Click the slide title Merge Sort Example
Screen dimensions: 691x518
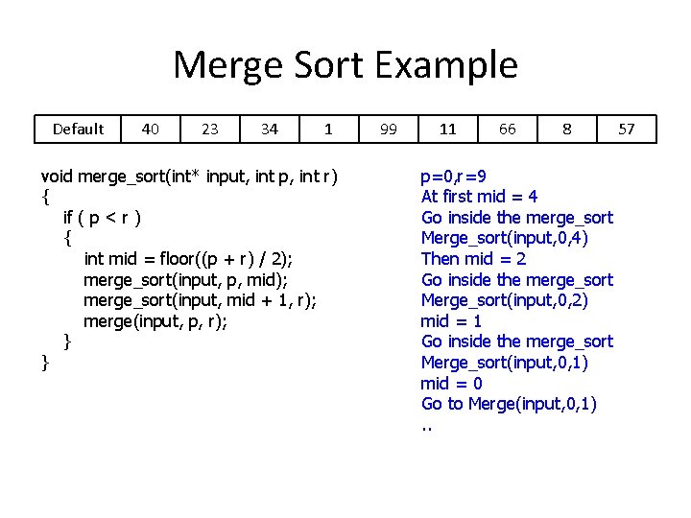(x=345, y=65)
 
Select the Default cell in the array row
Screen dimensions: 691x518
(x=79, y=129)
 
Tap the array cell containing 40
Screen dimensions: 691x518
(x=151, y=129)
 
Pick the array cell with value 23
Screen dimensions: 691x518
(x=210, y=129)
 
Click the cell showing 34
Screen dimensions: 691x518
(x=270, y=129)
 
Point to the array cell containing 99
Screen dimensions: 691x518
(x=389, y=129)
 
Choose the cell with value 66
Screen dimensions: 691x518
(x=508, y=129)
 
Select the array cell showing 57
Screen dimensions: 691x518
(x=627, y=129)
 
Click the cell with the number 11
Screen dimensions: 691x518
(x=448, y=129)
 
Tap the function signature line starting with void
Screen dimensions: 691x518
(x=189, y=177)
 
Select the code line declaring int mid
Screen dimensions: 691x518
(x=188, y=259)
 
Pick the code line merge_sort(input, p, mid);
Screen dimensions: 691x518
(x=185, y=280)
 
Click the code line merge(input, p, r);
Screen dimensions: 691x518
(x=155, y=321)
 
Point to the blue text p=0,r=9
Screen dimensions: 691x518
(x=453, y=177)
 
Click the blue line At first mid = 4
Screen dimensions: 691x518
(x=480, y=197)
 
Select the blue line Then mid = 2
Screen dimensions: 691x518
(x=474, y=259)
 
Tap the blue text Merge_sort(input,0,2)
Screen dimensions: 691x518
(x=505, y=300)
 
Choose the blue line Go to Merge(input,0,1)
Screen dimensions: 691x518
(x=509, y=404)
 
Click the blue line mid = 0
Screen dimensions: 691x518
(x=451, y=384)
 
